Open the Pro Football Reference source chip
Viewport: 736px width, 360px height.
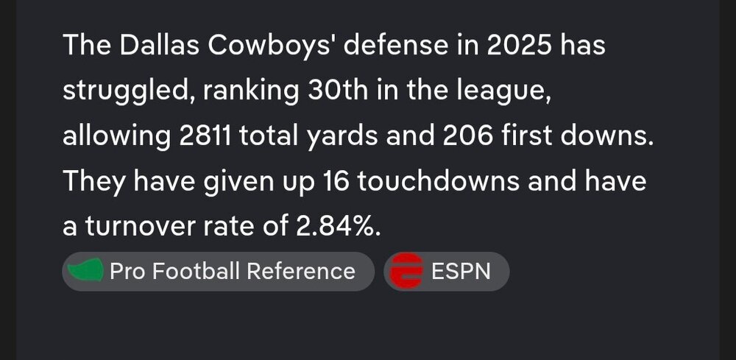[218, 271]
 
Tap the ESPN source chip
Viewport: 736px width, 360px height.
[447, 271]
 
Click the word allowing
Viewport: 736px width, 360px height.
[116, 137]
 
